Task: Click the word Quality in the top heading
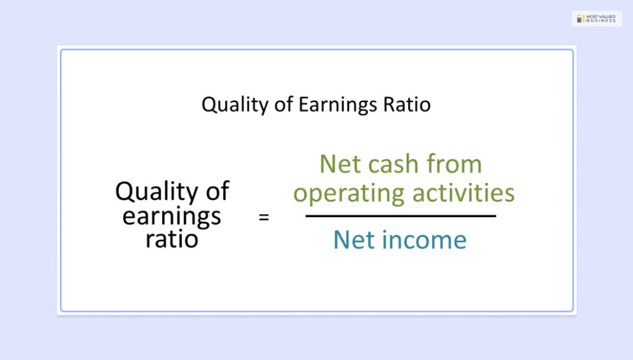[x=235, y=105]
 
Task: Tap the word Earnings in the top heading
[x=338, y=105]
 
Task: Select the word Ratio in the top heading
[x=407, y=105]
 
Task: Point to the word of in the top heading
[x=284, y=105]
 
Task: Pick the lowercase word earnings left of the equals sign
[x=172, y=217]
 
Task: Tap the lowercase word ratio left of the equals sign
[x=172, y=239]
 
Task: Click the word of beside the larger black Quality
[x=218, y=191]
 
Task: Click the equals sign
[x=263, y=217]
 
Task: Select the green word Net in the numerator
[x=340, y=164]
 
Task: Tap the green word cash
[x=393, y=164]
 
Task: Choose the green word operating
[x=349, y=194]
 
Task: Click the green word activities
[x=464, y=192]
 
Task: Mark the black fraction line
[x=401, y=216]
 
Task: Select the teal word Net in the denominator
[x=353, y=240]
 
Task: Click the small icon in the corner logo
[x=581, y=19]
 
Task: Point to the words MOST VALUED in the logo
[x=601, y=17]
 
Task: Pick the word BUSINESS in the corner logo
[x=601, y=20]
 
